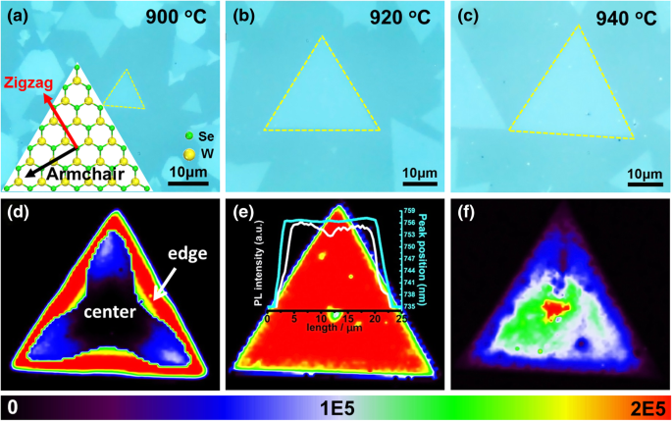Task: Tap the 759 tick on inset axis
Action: (x=407, y=210)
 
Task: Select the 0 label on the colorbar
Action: (x=9, y=407)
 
